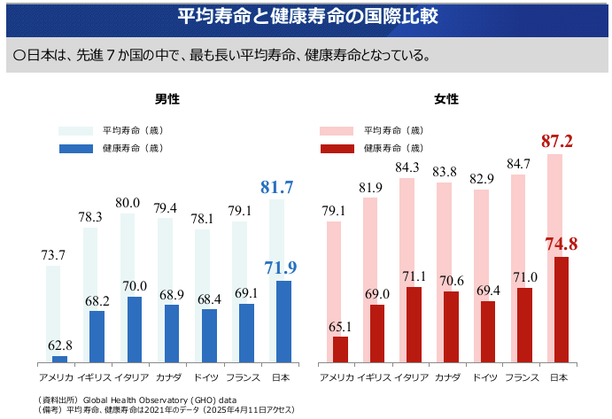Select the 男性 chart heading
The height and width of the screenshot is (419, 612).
click(167, 99)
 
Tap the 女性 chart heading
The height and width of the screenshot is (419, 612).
click(446, 99)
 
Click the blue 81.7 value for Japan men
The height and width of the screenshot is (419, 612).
click(276, 187)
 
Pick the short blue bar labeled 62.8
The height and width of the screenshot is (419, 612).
click(59, 359)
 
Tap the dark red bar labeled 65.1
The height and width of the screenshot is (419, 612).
click(340, 350)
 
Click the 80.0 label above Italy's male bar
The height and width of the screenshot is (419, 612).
click(128, 202)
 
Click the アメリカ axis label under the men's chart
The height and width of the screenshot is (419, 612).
click(54, 378)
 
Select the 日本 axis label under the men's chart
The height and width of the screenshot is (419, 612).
click(277, 378)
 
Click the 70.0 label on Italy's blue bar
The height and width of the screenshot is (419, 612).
click(135, 285)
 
